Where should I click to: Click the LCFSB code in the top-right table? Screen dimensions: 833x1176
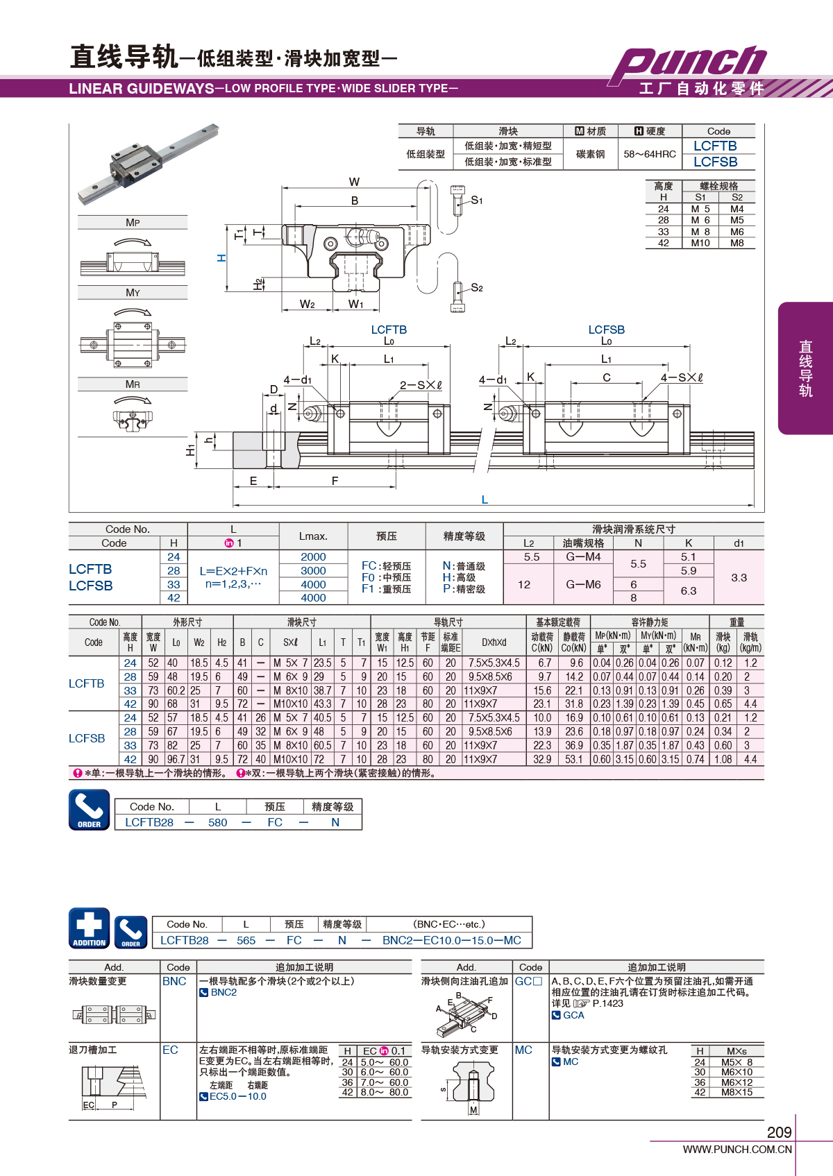click(x=716, y=162)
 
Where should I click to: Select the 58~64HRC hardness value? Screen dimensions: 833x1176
click(x=650, y=154)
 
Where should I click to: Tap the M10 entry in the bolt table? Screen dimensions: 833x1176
click(x=700, y=243)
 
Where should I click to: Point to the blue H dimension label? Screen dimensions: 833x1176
click(x=221, y=258)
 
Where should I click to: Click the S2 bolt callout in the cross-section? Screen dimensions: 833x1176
click(x=476, y=288)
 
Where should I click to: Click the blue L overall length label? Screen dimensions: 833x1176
click(x=485, y=500)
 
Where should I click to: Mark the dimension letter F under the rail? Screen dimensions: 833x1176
click(x=335, y=480)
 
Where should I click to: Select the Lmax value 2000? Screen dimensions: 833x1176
click(x=314, y=556)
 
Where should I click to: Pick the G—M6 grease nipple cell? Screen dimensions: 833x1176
click(x=583, y=584)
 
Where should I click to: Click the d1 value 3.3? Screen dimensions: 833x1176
click(x=739, y=577)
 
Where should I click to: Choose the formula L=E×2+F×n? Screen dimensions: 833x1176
click(x=233, y=571)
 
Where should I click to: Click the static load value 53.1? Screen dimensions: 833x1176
click(x=574, y=759)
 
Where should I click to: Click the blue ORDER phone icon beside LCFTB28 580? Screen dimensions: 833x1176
click(x=90, y=810)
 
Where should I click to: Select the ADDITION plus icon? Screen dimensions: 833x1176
click(x=90, y=928)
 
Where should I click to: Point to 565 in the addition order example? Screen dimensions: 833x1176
click(x=246, y=940)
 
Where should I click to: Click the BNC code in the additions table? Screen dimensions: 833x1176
click(x=174, y=981)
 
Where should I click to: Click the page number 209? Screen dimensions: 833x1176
click(x=780, y=1132)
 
